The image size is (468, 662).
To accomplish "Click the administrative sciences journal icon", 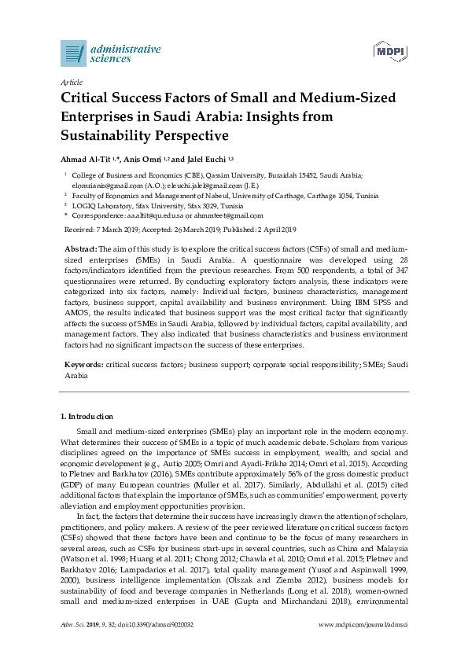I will pyautogui.click(x=73, y=53).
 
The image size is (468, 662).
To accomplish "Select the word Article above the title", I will pyautogui.click(x=72, y=82).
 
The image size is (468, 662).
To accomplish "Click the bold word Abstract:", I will pyautogui.click(x=79, y=248).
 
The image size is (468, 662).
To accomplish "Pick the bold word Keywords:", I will pyautogui.click(x=83, y=366).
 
